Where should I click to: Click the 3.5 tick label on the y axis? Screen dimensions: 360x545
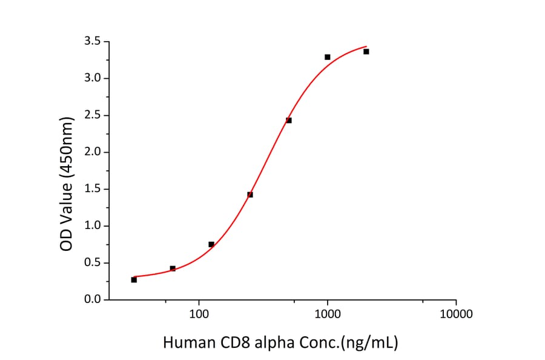coord(93,41)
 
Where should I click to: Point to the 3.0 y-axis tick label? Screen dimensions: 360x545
coord(93,78)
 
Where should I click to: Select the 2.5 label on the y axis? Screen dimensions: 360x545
coord(93,115)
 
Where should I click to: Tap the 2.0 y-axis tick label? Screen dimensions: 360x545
coord(93,152)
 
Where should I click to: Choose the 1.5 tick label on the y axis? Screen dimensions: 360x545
coord(93,189)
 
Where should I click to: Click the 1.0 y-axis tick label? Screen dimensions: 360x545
coord(93,226)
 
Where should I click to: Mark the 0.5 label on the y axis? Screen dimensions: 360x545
coord(93,263)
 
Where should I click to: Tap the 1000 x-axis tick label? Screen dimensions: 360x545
coord(328,314)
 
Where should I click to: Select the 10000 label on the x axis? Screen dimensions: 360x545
coord(456,314)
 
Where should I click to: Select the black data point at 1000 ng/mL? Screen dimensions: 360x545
coord(328,57)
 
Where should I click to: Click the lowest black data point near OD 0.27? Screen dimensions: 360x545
coord(134,279)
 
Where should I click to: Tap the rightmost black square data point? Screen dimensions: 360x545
coord(366,52)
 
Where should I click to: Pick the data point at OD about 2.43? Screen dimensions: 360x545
coord(289,120)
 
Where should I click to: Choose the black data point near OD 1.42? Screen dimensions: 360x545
coord(250,195)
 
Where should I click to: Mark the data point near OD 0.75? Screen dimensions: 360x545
coord(211,244)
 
